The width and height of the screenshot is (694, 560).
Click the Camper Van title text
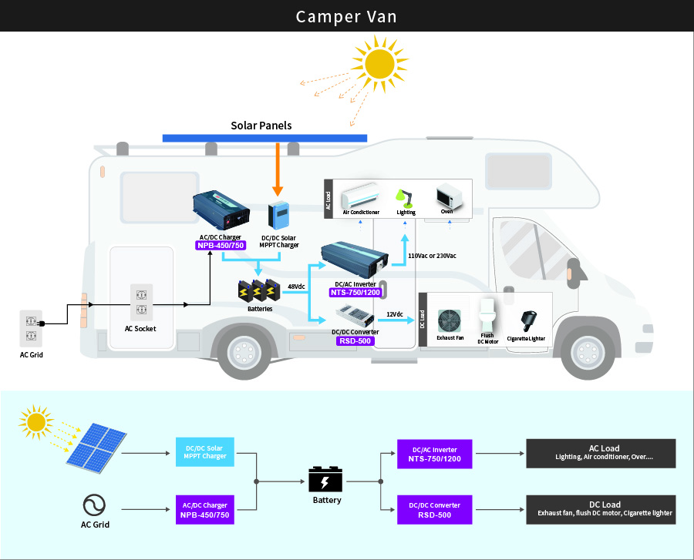coord(346,16)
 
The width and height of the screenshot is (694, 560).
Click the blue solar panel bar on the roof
coord(264,138)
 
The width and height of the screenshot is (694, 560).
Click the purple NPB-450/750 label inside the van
coord(221,246)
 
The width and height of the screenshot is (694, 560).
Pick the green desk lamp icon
coord(405,196)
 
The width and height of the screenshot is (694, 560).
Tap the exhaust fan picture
coord(450,320)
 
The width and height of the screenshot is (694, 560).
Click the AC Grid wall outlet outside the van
coord(30,328)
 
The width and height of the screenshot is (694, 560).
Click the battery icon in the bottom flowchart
coord(326,480)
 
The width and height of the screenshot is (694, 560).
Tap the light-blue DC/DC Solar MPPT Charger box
coord(206,452)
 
